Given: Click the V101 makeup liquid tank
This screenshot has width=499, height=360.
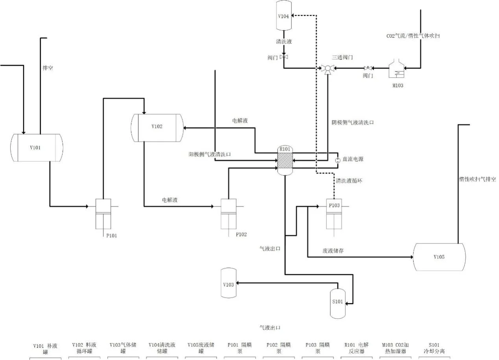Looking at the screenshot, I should point(37,148).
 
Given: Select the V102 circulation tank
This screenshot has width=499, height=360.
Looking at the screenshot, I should point(157,127).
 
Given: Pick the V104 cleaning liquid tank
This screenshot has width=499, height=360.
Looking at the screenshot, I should point(284,16).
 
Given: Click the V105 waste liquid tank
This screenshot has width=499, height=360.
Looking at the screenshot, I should point(439,257).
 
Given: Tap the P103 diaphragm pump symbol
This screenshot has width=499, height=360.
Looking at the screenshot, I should point(334,214).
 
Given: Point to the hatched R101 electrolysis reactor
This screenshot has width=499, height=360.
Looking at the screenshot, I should point(284,161).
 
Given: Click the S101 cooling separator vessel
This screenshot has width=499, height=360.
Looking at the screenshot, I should point(338,303).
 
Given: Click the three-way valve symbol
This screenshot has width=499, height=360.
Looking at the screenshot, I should point(327,68).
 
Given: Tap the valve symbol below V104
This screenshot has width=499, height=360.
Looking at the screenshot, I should point(284,57).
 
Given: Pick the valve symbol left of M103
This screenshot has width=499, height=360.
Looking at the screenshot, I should point(368,68).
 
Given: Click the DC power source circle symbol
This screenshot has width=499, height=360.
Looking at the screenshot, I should point(337,160).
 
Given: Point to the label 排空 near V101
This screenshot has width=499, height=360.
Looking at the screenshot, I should point(48,68).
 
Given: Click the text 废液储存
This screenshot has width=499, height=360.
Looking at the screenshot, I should point(333,251).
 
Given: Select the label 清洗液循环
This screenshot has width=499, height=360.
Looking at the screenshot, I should point(349,181).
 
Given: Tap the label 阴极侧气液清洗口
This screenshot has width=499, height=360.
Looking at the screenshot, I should point(352,123).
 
